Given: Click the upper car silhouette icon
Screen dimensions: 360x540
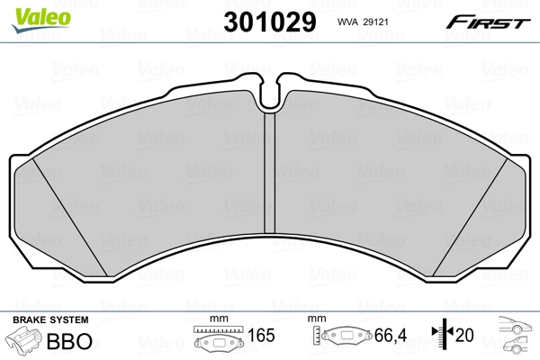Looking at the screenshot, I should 514,326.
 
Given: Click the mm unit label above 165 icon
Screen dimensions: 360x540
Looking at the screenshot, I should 215,319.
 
